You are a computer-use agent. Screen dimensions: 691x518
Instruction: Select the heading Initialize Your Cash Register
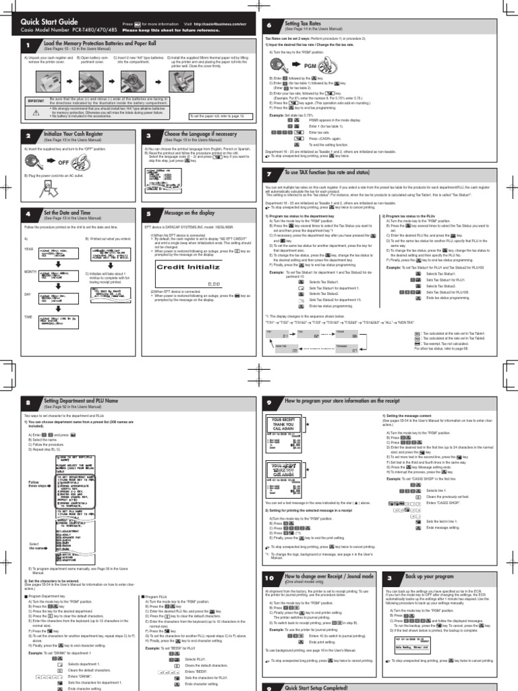(x=73, y=134)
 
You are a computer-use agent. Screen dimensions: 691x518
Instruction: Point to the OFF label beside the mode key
(x=64, y=163)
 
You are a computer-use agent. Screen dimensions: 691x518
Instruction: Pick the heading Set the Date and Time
(x=67, y=213)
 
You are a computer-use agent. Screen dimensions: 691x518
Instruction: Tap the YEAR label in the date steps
(x=28, y=249)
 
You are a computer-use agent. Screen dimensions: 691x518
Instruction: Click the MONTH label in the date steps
(x=30, y=272)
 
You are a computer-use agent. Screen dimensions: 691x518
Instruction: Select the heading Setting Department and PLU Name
(x=81, y=401)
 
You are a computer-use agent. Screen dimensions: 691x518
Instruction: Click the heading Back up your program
(x=428, y=578)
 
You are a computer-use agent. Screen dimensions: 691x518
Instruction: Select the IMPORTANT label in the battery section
(x=35, y=100)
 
